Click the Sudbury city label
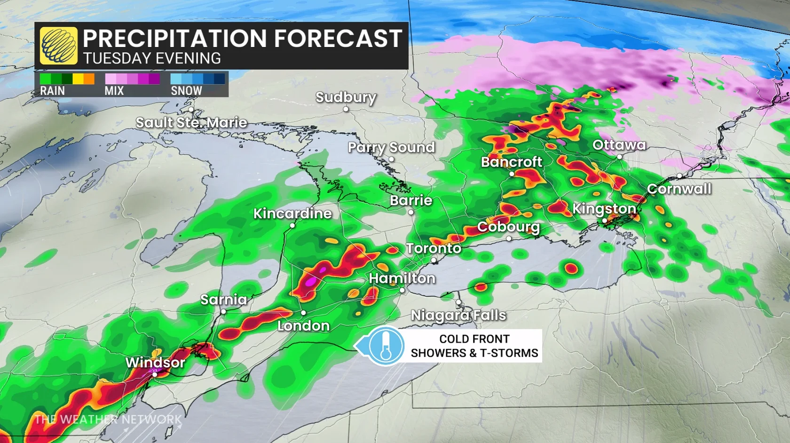click(x=346, y=97)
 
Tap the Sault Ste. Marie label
click(x=191, y=123)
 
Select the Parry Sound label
click(x=391, y=148)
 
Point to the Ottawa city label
click(x=619, y=145)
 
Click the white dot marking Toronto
click(x=434, y=260)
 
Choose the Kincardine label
click(x=292, y=214)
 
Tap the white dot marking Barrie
click(x=411, y=212)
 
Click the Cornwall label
click(x=679, y=189)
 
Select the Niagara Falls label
click(x=458, y=315)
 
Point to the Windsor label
click(x=155, y=363)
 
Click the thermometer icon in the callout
click(x=386, y=346)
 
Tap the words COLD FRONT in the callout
click(x=474, y=339)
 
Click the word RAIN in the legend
click(x=52, y=91)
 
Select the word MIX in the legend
click(x=114, y=91)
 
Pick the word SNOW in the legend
click(x=186, y=91)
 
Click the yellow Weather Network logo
click(x=59, y=46)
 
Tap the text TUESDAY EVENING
click(x=152, y=58)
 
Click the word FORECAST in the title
click(x=338, y=39)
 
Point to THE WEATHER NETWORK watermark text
click(x=108, y=419)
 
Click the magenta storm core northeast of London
click(x=311, y=282)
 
